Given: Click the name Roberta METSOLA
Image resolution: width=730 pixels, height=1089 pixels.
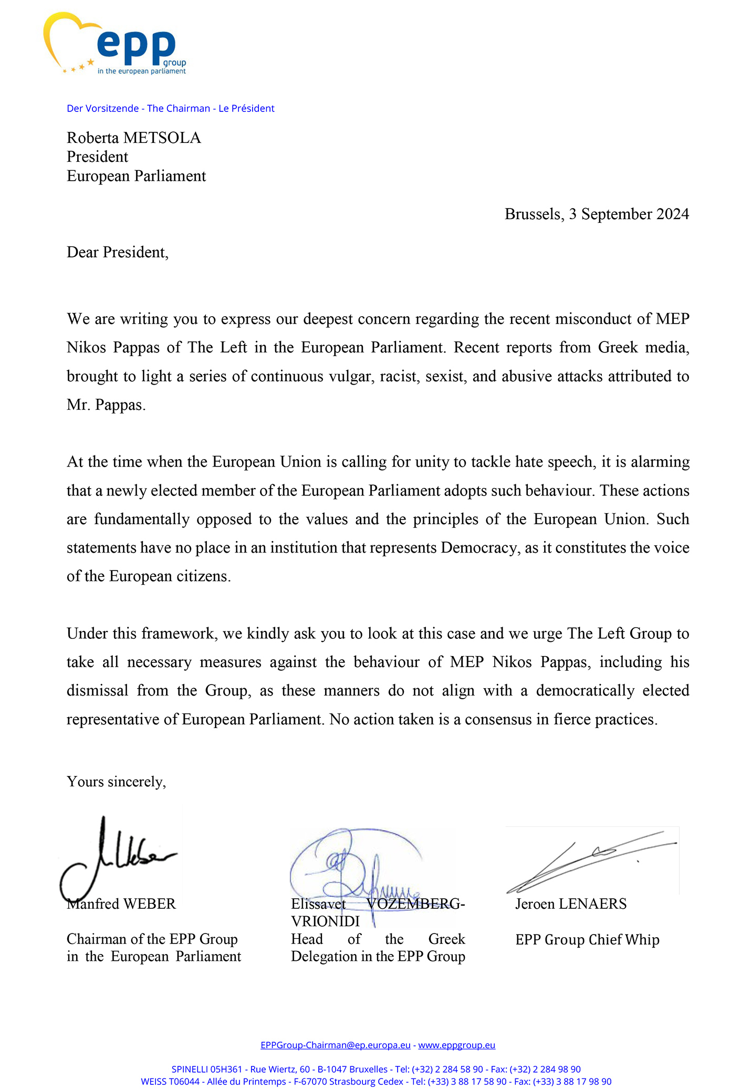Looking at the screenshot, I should coord(134,138).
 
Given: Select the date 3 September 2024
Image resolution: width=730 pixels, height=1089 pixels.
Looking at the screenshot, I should coord(629,214).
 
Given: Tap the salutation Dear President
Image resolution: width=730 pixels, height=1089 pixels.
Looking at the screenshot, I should coord(117,252).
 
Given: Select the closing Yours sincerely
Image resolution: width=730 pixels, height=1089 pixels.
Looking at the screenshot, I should coord(116,782).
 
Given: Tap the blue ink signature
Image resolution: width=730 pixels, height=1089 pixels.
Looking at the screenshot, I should coord(352,867).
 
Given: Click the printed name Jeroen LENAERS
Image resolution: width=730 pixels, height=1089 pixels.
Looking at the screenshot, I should coord(571,904).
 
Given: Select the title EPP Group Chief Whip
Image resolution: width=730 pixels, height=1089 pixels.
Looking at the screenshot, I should coord(587,939).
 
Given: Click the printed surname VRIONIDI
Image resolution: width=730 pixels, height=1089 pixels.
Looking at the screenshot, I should coord(326,921).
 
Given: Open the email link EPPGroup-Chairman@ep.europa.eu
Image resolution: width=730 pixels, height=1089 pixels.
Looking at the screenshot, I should coord(336,1045).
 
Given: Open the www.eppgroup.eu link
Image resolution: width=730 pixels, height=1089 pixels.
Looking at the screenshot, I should coord(456,1045).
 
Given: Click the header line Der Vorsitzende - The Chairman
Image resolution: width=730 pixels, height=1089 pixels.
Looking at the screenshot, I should coord(171,109).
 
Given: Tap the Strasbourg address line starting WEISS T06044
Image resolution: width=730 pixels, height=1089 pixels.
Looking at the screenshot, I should coord(376,1081).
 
